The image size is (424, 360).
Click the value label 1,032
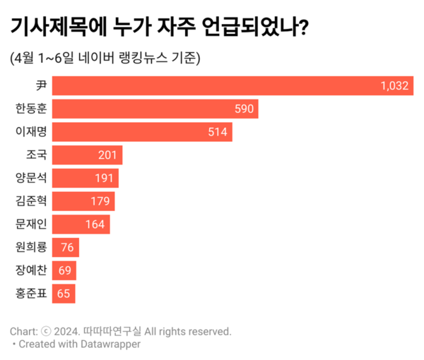(x=394, y=86)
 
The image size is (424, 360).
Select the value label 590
(x=244, y=109)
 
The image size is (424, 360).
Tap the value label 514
(x=218, y=133)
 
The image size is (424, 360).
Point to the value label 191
(x=105, y=179)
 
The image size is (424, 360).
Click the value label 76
(x=68, y=248)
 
